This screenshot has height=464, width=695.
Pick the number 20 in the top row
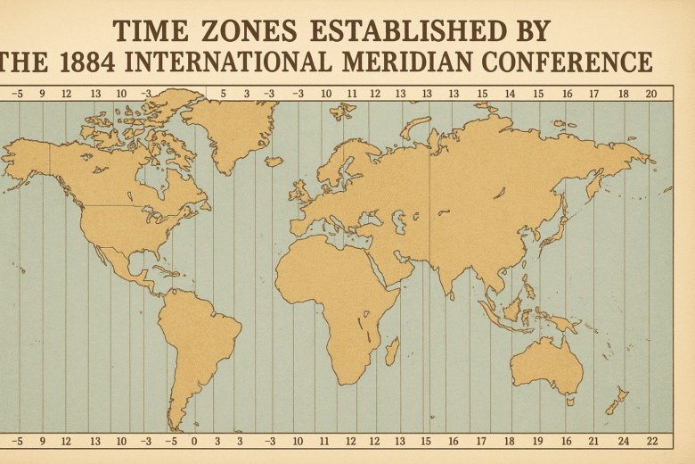[650, 94]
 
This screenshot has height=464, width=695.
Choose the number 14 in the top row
[510, 94]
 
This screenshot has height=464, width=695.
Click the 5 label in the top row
[223, 94]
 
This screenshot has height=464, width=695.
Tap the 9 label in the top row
[41, 94]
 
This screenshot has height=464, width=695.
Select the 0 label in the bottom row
[193, 441]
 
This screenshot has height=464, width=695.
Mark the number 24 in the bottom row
[623, 441]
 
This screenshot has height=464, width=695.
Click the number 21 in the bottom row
[593, 441]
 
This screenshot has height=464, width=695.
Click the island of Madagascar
[392, 350]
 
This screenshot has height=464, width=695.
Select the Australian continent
[546, 367]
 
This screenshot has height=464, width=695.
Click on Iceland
[274, 162]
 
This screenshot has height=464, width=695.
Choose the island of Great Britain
[298, 190]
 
